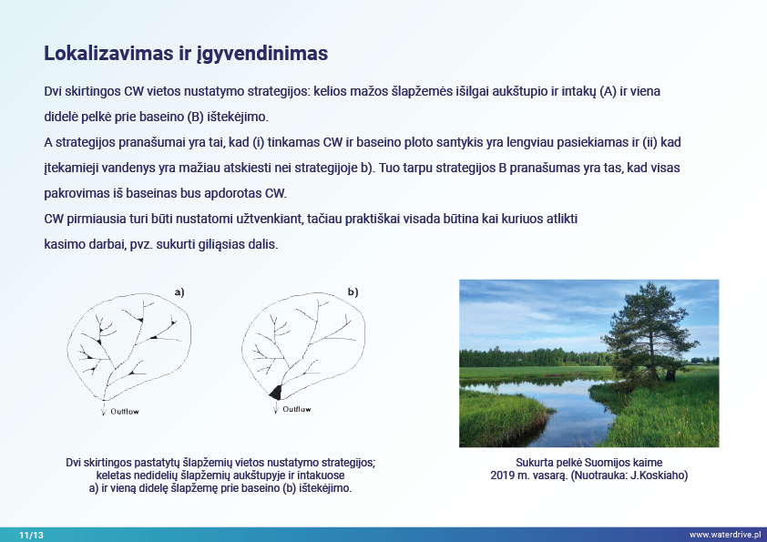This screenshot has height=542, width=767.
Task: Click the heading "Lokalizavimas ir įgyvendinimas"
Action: click(x=186, y=53)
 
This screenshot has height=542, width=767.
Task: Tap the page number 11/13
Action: click(x=31, y=535)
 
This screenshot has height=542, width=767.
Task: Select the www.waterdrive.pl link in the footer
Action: click(x=726, y=535)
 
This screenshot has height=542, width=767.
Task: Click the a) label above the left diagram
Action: click(x=179, y=292)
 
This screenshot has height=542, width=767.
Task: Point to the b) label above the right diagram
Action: click(x=353, y=292)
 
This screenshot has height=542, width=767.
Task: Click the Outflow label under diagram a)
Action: click(x=125, y=411)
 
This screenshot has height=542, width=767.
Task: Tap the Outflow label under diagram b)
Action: click(x=297, y=409)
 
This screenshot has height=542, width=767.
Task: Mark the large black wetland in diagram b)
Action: click(x=275, y=393)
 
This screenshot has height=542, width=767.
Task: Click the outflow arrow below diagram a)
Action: click(x=105, y=409)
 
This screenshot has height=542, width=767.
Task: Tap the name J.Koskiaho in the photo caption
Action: click(x=659, y=476)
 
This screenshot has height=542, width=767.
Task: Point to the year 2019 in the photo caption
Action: click(x=503, y=476)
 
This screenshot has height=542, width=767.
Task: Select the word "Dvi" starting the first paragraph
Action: click(x=54, y=94)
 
